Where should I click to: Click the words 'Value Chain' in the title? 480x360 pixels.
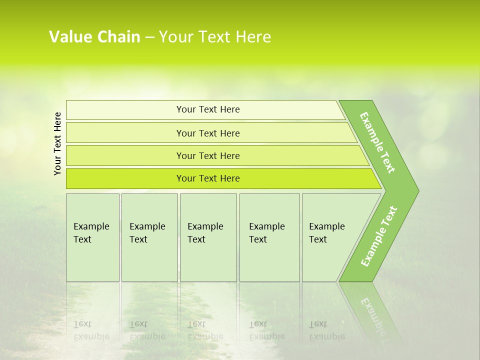coord(94,37)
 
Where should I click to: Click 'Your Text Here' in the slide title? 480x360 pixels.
coord(215,37)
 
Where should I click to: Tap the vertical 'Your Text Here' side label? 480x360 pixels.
coord(57,143)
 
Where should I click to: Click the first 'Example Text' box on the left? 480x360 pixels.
coord(92,237)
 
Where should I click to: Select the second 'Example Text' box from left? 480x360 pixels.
coord(149,237)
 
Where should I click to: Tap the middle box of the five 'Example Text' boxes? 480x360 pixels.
coord(208,237)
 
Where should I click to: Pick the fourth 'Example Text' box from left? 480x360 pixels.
coord(269,237)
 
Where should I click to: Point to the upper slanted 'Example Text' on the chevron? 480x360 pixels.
coord(377,143)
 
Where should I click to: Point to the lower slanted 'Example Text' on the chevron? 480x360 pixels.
coord(379,236)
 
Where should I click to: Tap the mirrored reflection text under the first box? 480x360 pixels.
coord(91,330)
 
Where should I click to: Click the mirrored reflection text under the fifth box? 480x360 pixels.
coord(326,330)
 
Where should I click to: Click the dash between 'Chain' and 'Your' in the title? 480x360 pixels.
coord(149,37)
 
